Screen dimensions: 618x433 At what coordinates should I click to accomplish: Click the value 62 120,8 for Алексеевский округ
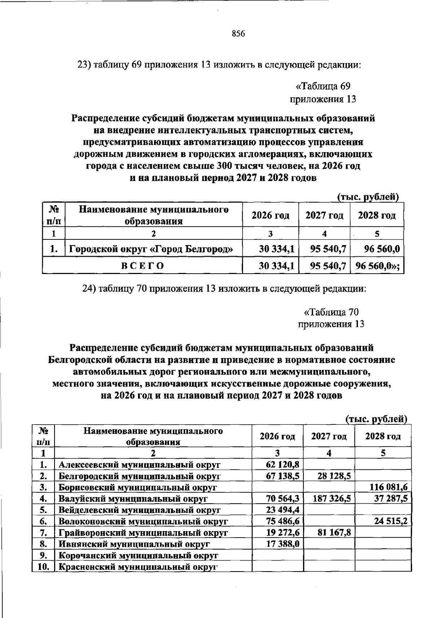pos(283,465)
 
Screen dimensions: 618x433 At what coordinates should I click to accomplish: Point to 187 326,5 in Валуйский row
pos(329,499)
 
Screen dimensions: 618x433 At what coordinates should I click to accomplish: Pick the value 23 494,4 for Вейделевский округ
pos(283,510)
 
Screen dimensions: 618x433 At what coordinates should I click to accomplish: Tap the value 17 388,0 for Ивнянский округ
pos(283,544)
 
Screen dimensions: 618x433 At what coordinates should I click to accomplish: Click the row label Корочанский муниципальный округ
pos(138,556)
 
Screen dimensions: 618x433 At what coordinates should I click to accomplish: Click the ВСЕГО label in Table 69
pos(143,266)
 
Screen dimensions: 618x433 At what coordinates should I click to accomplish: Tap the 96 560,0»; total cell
pos(378,266)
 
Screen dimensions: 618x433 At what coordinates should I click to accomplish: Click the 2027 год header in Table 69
pos(324,216)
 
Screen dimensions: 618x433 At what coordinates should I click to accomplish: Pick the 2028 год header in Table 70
pos(383,437)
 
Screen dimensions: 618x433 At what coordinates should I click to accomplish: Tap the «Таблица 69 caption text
pos(323,86)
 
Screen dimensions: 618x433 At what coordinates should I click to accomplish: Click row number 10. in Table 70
pos(43,567)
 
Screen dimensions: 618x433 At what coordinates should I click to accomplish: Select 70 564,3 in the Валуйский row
pos(283,499)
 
